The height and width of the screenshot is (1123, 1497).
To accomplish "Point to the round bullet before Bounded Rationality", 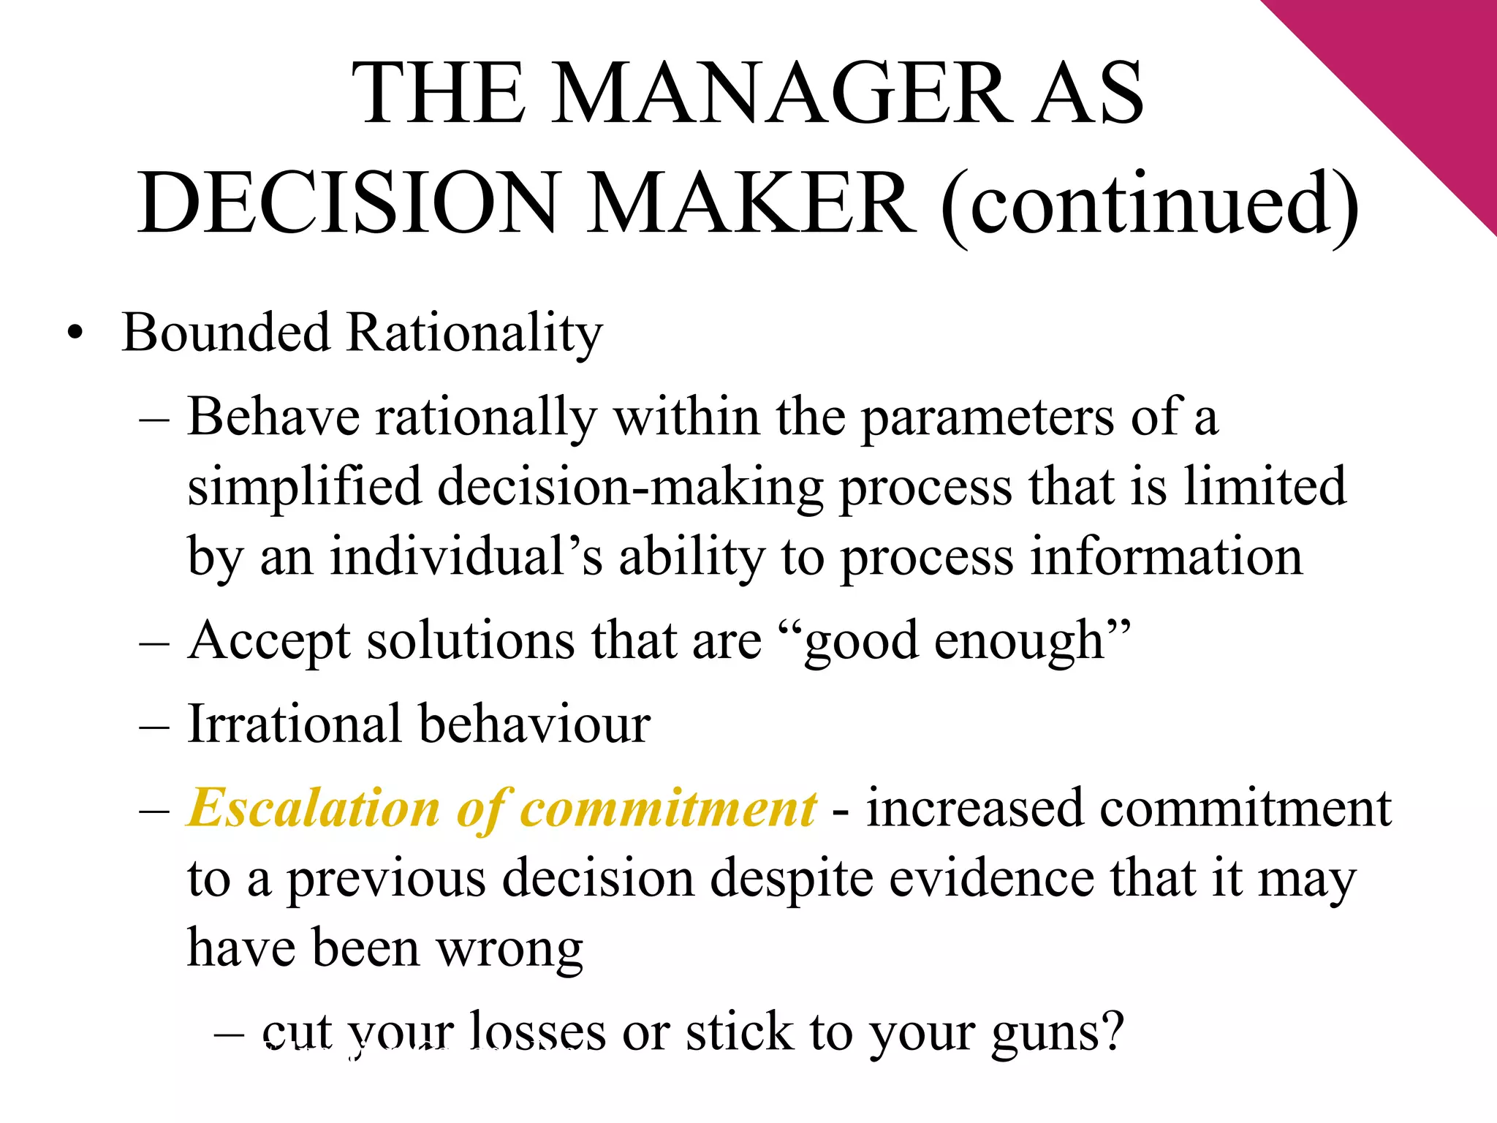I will tap(74, 334).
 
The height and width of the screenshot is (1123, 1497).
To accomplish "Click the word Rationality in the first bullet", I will tap(474, 333).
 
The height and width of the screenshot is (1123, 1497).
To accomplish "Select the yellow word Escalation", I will tap(314, 809).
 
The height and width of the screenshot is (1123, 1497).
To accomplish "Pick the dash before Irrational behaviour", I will tap(154, 725).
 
